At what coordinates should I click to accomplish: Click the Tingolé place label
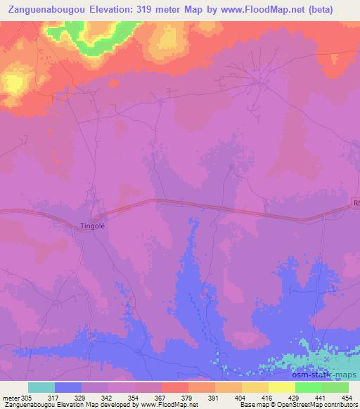tap(91, 226)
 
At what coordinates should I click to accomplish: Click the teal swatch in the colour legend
tap(41, 388)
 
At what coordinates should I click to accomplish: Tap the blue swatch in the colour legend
tap(67, 388)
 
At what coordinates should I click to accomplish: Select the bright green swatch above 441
tap(308, 388)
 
